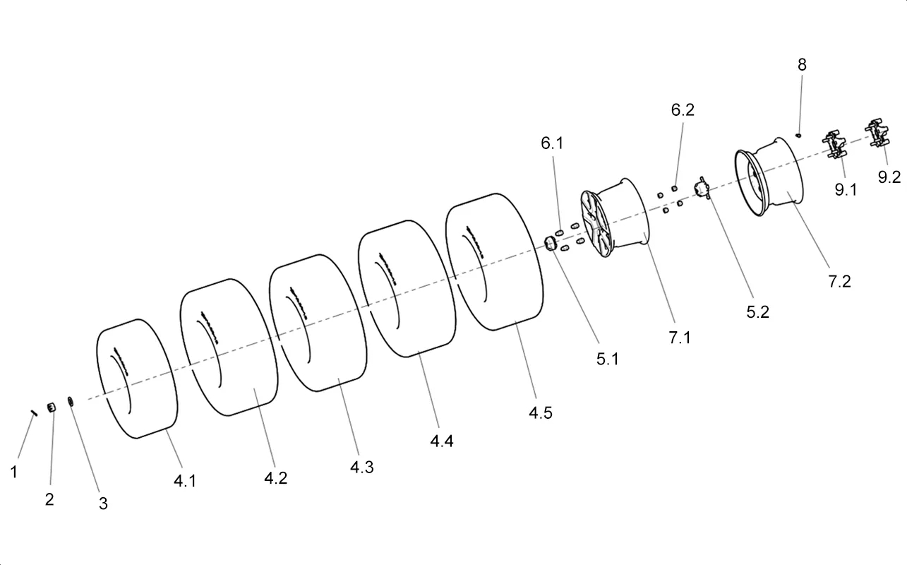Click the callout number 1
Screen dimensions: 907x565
pos(14,472)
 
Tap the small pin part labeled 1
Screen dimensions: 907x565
pos(34,413)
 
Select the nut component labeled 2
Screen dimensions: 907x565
pos(52,408)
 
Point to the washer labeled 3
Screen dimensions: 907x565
pos(71,402)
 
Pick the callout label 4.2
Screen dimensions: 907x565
pos(276,478)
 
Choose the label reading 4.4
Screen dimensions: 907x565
pos(442,441)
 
